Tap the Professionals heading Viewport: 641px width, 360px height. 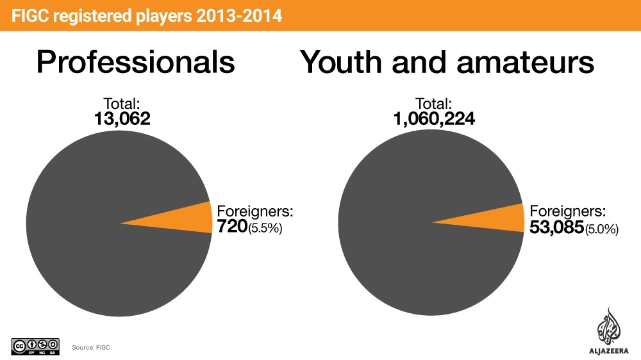coord(135,63)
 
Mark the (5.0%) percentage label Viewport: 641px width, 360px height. coord(601,227)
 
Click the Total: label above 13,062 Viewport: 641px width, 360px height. coord(122,103)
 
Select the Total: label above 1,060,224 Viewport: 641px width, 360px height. coord(434,103)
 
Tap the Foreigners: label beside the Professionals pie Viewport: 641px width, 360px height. coord(255,211)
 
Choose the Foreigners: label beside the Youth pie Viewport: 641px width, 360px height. coord(567,211)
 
